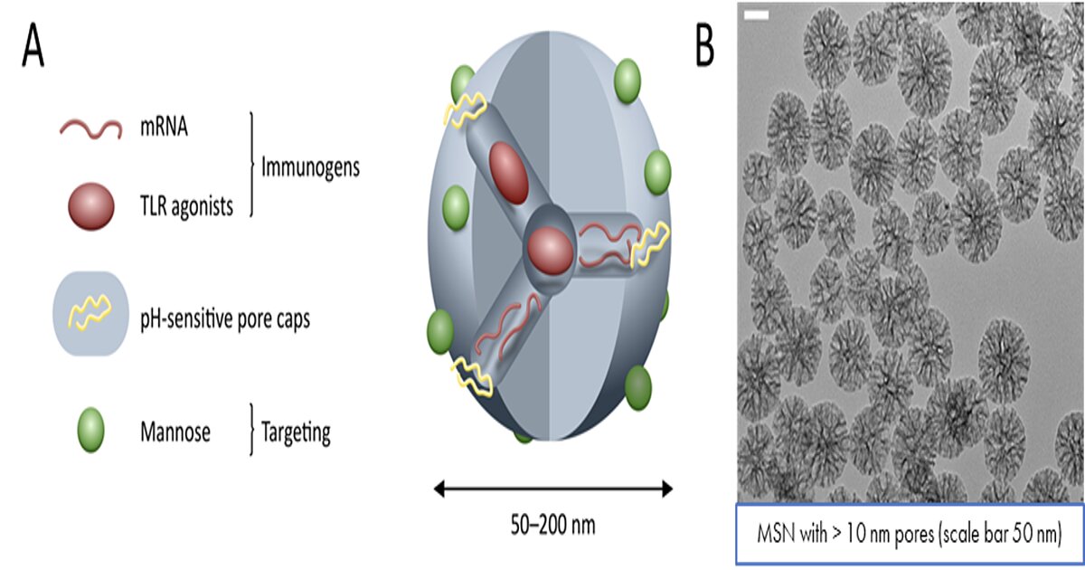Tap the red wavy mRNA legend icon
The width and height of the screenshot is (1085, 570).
[90, 128]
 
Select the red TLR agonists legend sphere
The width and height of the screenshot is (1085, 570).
[91, 206]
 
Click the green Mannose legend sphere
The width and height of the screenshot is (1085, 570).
[91, 430]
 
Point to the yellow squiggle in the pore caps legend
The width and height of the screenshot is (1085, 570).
[90, 313]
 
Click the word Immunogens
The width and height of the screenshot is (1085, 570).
[310, 167]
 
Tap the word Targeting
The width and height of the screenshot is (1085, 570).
[296, 432]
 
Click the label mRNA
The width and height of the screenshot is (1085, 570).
[164, 128]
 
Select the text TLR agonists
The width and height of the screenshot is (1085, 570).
[186, 206]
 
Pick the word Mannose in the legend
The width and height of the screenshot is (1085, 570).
[175, 432]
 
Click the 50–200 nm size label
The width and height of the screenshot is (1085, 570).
[552, 525]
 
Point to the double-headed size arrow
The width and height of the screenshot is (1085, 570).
[552, 489]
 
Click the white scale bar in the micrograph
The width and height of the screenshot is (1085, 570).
[756, 15]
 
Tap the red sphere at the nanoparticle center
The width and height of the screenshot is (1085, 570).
[551, 252]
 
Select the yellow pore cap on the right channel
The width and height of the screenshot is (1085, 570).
[650, 245]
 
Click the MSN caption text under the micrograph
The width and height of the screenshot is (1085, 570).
[910, 534]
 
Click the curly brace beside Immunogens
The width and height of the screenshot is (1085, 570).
[251, 165]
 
